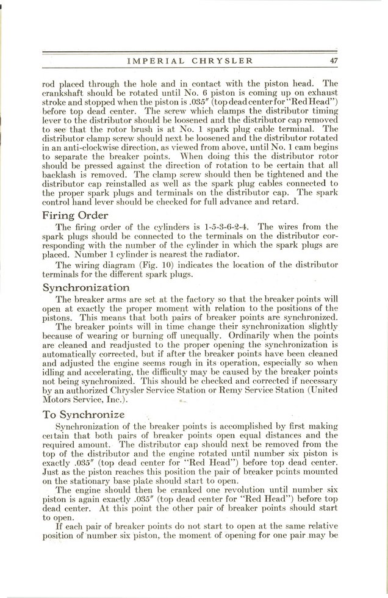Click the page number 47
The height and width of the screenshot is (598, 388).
pos(334,60)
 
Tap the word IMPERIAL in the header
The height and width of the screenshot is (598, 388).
pos(156,60)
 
